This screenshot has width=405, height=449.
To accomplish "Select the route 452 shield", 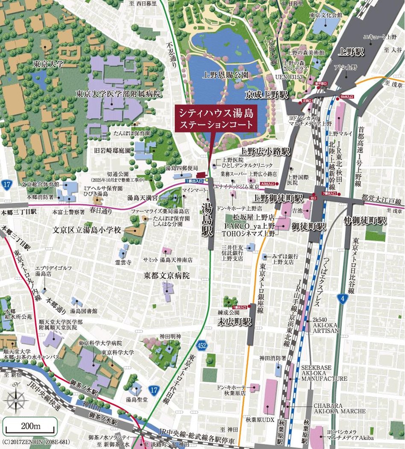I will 203,345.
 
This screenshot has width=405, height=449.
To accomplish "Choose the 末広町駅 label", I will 235,321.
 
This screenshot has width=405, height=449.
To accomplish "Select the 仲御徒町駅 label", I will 366,221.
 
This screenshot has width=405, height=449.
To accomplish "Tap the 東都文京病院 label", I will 168,275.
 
